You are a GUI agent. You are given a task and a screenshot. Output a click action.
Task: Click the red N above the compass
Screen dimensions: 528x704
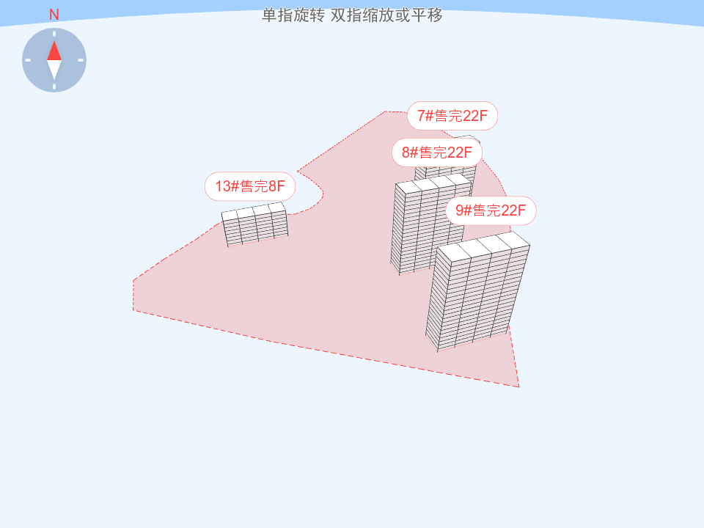54,15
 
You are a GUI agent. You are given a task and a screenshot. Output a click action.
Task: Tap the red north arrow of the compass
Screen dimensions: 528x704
54,51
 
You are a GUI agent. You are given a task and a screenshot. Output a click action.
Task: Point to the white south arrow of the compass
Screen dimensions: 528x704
54,70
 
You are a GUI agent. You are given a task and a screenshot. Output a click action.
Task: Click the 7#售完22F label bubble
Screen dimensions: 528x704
452,116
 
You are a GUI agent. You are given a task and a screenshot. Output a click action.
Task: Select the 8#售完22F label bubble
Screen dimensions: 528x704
437,153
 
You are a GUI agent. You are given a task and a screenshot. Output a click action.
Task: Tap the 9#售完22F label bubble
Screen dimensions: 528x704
491,211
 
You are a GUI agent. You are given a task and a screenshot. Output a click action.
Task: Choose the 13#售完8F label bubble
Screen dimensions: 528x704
250,186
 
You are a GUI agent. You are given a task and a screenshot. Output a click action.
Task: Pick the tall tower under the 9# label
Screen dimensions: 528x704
473,297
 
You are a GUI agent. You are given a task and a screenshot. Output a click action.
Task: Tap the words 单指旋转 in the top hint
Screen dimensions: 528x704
293,15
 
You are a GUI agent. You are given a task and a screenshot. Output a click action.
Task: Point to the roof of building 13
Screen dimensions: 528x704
254,212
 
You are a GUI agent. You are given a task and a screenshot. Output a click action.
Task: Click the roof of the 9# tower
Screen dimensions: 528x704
483,246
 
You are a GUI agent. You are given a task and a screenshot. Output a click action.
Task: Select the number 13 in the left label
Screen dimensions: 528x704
223,186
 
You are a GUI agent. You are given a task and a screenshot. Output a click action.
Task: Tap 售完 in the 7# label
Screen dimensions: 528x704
449,116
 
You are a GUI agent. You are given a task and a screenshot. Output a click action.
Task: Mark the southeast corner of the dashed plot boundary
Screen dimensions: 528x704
518,386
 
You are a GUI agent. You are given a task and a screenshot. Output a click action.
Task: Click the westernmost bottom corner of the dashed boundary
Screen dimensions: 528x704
133,309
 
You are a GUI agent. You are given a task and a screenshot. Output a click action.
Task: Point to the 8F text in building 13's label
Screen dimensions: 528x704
276,186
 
